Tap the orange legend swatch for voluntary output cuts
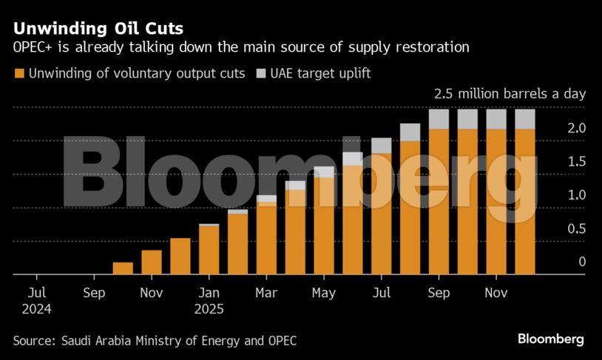click(x=18, y=74)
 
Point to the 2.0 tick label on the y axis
click(x=557, y=128)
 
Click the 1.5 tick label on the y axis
click(x=557, y=162)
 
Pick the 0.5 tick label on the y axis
click(x=557, y=228)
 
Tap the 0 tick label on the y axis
click(x=562, y=262)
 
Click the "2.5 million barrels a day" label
click(x=510, y=94)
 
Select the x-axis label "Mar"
click(x=266, y=293)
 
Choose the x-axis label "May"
click(x=324, y=293)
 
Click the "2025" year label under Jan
click(x=209, y=308)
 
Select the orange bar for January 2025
click(x=209, y=250)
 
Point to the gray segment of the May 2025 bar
click(x=324, y=172)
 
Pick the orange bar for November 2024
click(x=152, y=262)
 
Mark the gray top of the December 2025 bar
click(x=525, y=119)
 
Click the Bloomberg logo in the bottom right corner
click(x=550, y=339)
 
